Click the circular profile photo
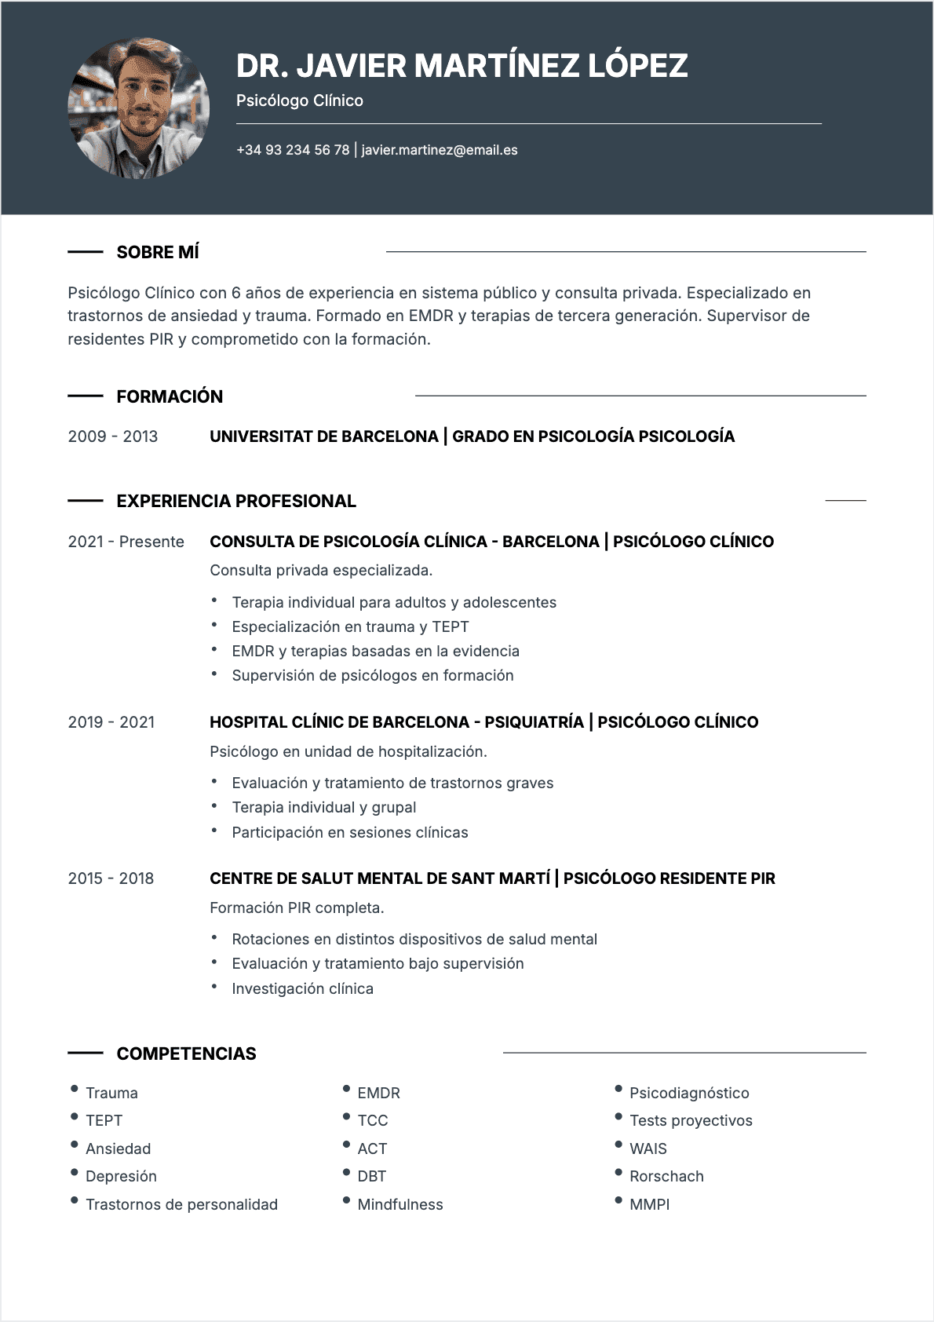point(139,108)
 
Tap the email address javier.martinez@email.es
point(440,150)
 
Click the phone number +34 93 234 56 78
point(293,150)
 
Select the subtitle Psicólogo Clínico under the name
point(299,100)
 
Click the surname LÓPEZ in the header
point(637,66)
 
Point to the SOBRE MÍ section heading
point(158,252)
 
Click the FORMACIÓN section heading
point(170,396)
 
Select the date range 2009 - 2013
point(113,436)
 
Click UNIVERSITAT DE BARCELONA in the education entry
point(323,436)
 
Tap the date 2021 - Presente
point(126,542)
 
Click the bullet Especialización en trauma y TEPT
point(350,626)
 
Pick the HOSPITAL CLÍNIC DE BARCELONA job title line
point(483,722)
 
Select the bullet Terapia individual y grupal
point(323,807)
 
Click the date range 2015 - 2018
point(111,878)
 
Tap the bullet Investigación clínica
point(302,988)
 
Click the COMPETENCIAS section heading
point(186,1054)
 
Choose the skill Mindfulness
point(400,1204)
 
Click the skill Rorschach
point(666,1176)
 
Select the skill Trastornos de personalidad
point(181,1204)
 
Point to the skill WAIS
point(648,1149)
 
